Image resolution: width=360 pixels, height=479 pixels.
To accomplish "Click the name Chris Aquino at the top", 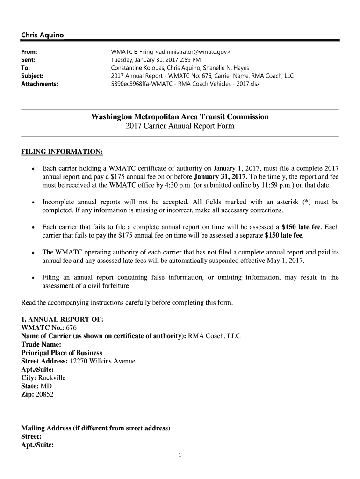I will pyautogui.click(x=42, y=36).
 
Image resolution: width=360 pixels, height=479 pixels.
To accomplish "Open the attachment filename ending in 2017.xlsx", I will pyautogui.click(x=185, y=84).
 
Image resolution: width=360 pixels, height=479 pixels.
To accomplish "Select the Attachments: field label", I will pyautogui.click(x=39, y=84).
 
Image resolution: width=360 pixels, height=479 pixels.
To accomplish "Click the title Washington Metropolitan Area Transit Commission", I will pyautogui.click(x=180, y=116).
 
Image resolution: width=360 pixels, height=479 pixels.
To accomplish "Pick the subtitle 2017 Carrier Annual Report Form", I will pyautogui.click(x=180, y=126).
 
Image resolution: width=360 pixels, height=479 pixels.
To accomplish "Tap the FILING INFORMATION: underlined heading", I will pyautogui.click(x=62, y=152).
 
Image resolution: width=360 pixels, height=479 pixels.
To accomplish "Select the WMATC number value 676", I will pyautogui.click(x=72, y=327).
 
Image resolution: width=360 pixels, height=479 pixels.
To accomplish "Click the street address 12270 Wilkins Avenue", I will pyautogui.click(x=102, y=361).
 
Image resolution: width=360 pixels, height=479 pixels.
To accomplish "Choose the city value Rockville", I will pyautogui.click(x=52, y=378).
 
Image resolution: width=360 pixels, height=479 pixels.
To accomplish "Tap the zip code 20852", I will pyautogui.click(x=45, y=395).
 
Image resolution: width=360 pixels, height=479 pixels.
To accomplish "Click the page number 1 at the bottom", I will pyautogui.click(x=180, y=455).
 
